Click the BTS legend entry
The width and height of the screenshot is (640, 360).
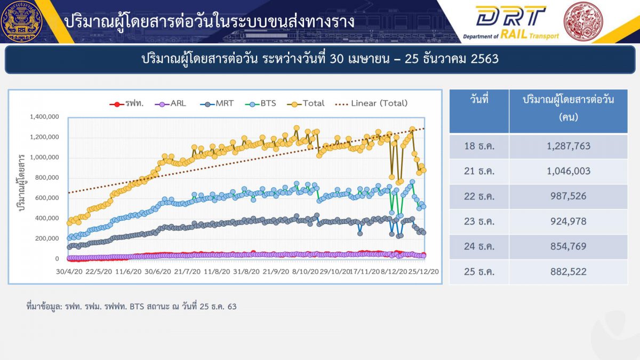tap(261, 103)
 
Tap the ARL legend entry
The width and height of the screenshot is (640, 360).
tap(170, 103)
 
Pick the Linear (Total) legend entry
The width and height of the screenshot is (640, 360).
tap(371, 103)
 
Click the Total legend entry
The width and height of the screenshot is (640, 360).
tap(306, 103)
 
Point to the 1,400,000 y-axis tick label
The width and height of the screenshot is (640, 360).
tap(44, 117)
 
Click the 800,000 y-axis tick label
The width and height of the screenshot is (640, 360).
tap(47, 178)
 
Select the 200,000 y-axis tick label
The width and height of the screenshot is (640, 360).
tap(47, 238)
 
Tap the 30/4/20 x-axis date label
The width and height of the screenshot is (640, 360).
tap(69, 271)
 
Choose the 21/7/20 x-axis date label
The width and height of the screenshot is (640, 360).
tap(187, 271)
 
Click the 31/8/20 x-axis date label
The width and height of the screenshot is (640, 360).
tap(246, 271)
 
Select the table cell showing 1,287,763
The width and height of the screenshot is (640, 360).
tap(569, 146)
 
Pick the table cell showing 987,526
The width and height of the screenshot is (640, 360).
tap(569, 196)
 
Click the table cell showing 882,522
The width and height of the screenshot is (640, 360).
tap(569, 271)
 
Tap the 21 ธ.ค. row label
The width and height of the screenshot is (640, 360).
tap(479, 171)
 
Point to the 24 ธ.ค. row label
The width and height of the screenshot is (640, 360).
tap(479, 246)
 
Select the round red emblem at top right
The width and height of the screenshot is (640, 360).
tap(583, 21)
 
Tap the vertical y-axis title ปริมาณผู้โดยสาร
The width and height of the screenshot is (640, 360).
tap(22, 182)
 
